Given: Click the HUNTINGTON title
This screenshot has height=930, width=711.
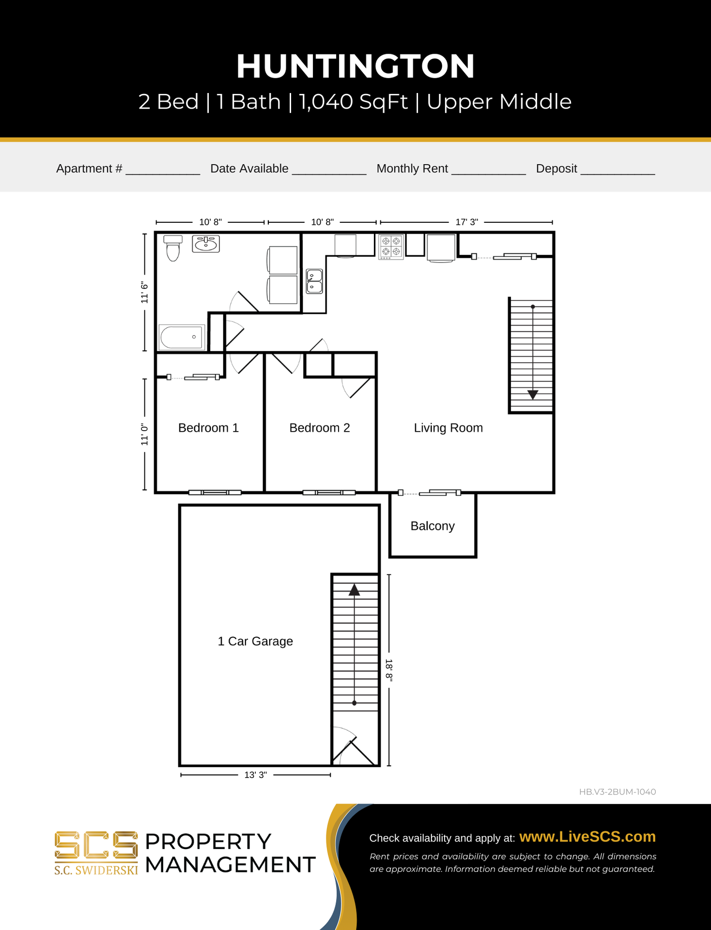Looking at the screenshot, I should [355, 67].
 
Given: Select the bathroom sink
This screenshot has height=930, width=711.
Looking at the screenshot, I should [206, 244].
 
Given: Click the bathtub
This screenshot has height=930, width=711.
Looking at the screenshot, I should [182, 337].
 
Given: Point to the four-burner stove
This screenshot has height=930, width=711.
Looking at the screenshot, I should [391, 246].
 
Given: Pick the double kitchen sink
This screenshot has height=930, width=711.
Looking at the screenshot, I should [314, 281].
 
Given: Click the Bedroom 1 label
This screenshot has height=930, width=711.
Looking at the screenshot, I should [208, 428].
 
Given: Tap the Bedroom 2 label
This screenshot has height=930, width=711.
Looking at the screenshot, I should [319, 428].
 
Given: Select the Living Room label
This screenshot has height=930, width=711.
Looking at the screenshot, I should [448, 428].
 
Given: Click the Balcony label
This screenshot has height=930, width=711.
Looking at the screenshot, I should [432, 526].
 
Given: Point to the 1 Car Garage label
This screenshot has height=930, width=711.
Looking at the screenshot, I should [255, 641].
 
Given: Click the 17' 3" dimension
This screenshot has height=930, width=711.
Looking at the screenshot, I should [466, 222].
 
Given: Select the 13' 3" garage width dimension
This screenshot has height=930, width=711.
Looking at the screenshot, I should [255, 775].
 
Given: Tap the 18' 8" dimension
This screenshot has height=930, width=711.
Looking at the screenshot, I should [389, 670].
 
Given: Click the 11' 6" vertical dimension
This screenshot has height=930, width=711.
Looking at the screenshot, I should [144, 292].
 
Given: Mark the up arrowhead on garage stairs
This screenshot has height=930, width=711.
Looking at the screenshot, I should [355, 589].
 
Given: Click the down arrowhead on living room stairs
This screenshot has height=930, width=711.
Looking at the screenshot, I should [533, 395].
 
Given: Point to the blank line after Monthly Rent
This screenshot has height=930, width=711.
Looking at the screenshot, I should [488, 170].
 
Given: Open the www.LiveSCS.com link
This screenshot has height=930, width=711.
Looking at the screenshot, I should [587, 837].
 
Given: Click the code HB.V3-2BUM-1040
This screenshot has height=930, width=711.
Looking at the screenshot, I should [617, 791].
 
